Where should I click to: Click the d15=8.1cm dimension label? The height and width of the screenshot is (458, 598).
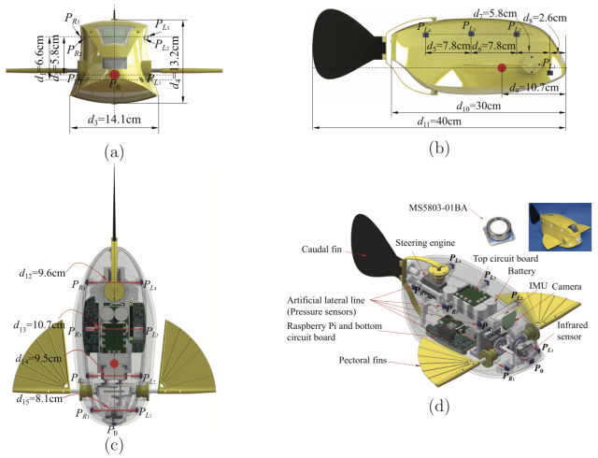tap(44, 398)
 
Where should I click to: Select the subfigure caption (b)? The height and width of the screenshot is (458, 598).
tap(435, 148)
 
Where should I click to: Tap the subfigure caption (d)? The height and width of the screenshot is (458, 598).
tap(435, 408)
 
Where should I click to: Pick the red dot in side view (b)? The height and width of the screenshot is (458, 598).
tap(502, 67)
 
